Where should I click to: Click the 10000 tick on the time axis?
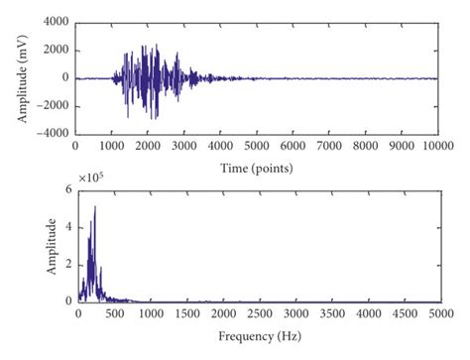[437, 145]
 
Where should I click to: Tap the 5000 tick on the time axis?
[257, 145]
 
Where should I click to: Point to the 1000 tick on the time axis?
[112, 145]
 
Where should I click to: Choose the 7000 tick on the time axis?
[329, 145]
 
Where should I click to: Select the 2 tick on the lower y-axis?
[67, 265]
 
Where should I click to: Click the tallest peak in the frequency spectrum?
[94, 207]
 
